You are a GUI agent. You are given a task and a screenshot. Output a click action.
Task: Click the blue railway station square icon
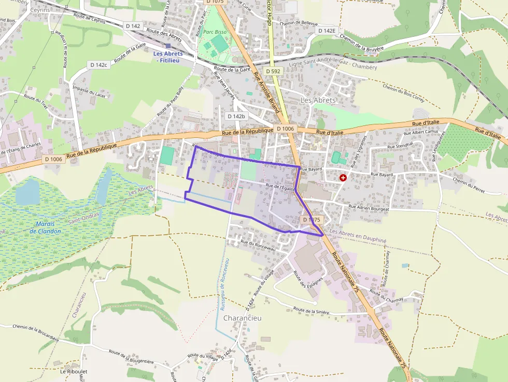pyautogui.click(x=168, y=46)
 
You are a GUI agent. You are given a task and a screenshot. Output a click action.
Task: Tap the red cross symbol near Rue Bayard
pyautogui.click(x=343, y=178)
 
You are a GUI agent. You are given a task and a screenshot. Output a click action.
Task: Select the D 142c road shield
pyautogui.click(x=98, y=65)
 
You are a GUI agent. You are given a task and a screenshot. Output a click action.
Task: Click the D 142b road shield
pyautogui.click(x=236, y=116)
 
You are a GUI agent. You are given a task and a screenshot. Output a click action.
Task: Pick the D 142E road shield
pyautogui.click(x=327, y=31)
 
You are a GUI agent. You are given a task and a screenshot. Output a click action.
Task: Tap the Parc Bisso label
pyautogui.click(x=215, y=32)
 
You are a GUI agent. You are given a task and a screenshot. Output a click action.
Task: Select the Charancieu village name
pyautogui.click(x=242, y=318)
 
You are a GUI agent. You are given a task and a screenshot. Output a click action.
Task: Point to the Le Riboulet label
pyautogui.click(x=71, y=372)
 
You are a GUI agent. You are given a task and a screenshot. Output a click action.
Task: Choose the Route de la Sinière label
pyautogui.click(x=312, y=310)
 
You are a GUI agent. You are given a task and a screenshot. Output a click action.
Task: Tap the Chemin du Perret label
pyautogui.click(x=468, y=182)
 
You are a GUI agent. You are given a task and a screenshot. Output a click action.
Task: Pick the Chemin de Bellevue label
pyautogui.click(x=298, y=24)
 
